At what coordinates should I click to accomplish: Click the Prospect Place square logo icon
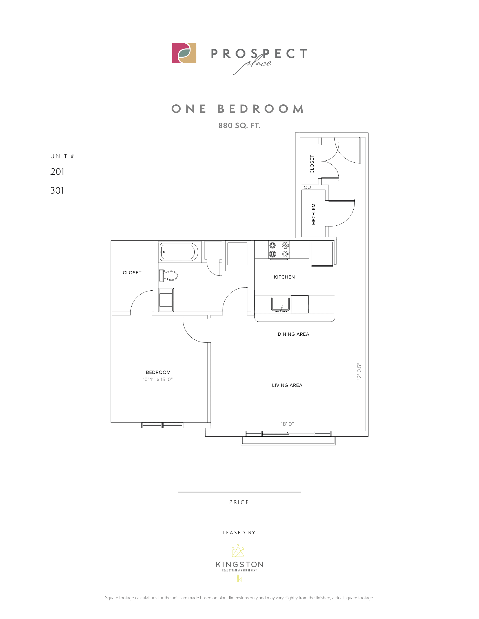click(184, 53)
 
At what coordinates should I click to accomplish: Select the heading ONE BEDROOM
click(238, 109)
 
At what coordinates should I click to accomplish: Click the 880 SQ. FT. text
click(239, 125)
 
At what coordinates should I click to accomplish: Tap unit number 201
click(57, 172)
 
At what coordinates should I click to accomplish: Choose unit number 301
click(57, 190)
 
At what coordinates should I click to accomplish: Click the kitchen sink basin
click(280, 304)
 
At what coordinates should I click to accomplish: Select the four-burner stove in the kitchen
click(279, 250)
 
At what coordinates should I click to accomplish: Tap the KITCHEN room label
click(284, 277)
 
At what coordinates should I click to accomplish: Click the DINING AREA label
click(293, 334)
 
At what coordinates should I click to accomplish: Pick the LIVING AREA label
click(287, 385)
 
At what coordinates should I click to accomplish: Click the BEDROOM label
click(158, 373)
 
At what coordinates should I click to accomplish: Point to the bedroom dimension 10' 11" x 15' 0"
click(158, 380)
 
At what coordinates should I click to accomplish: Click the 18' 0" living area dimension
click(287, 424)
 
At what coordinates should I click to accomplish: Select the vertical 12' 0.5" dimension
click(360, 371)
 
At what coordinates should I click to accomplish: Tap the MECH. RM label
click(314, 214)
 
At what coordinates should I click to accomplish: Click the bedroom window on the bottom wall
click(162, 425)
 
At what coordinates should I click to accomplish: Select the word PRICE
click(239, 502)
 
